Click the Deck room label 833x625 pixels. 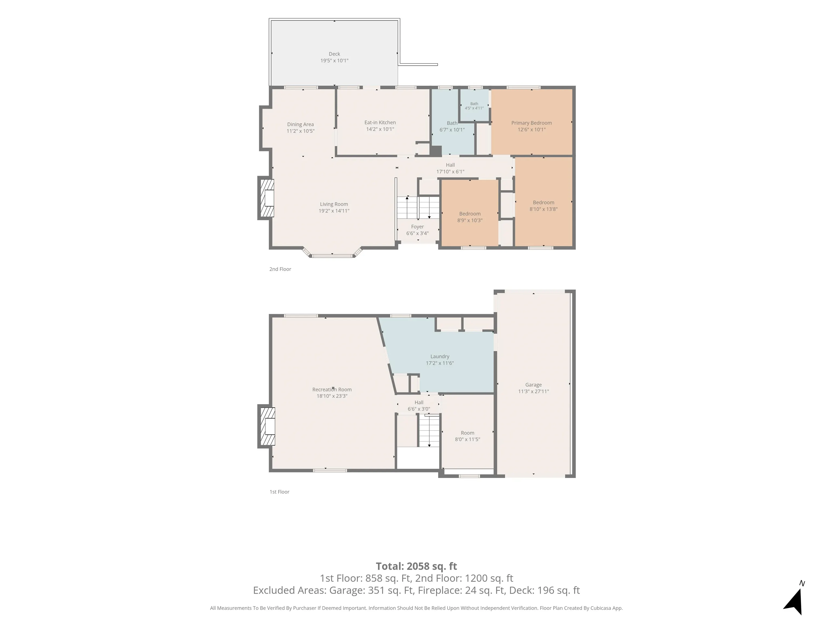[334, 54]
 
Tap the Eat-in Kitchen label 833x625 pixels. [380, 122]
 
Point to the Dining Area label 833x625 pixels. [300, 124]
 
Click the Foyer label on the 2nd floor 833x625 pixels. [417, 227]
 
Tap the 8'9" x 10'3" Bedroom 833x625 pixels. [470, 213]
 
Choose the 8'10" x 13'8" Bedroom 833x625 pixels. [543, 202]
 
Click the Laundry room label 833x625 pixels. [440, 356]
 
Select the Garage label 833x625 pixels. [533, 385]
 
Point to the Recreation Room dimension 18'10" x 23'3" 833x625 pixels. [332, 396]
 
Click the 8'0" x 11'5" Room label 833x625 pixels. [467, 433]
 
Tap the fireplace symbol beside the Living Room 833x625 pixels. [266, 198]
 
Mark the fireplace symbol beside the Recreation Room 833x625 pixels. [266, 426]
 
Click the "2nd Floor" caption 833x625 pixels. [280, 269]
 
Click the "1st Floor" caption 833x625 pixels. [279, 492]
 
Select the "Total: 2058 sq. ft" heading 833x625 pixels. [416, 566]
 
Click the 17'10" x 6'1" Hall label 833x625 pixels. [450, 165]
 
